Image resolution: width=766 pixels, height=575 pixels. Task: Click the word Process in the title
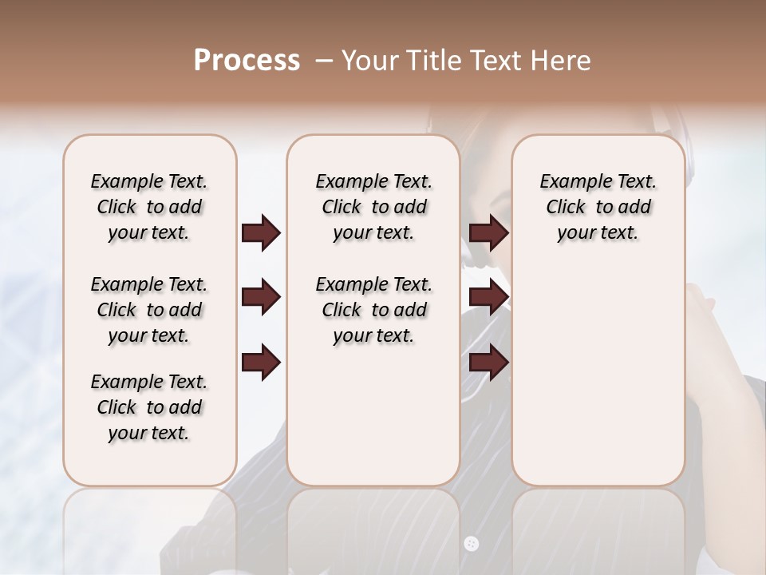[x=247, y=61]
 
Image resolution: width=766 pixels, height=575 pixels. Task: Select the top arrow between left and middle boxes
[x=261, y=233]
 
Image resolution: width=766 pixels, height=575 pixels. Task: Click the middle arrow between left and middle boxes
[x=261, y=298]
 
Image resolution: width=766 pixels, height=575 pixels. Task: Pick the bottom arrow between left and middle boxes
[x=261, y=363]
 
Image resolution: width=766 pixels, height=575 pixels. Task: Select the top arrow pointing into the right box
[x=488, y=233]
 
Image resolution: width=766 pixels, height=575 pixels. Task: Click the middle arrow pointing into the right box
[x=488, y=298]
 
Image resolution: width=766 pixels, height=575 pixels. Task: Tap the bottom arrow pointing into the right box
[x=488, y=363]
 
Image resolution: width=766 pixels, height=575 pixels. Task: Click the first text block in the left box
[x=149, y=207]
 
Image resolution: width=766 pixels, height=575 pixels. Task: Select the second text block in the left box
[x=149, y=310]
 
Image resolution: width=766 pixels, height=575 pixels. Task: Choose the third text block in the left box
[x=149, y=407]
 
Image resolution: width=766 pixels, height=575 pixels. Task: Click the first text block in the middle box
[x=373, y=207]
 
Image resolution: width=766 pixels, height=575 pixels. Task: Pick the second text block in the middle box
[x=373, y=310]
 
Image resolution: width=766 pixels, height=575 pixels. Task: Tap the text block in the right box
[x=598, y=207]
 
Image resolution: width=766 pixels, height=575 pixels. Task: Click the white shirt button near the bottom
[x=471, y=544]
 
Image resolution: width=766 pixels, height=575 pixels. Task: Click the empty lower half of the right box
[x=598, y=383]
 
